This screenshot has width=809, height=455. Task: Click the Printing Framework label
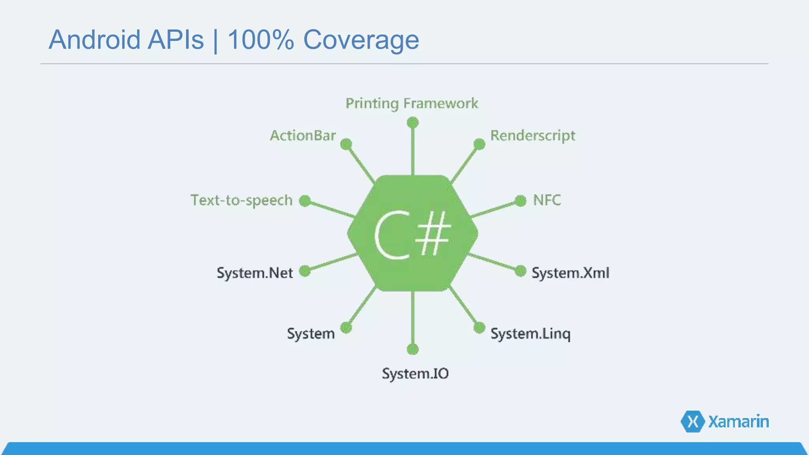coord(412,103)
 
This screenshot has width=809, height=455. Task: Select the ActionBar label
coord(303,135)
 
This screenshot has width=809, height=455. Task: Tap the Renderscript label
coord(532,135)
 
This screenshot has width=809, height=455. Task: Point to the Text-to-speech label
coord(241,200)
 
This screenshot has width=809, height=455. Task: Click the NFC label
coord(547,200)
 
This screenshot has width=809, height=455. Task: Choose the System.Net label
coord(255,273)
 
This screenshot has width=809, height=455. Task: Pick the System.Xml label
coord(570,273)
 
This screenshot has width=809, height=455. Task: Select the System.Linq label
coord(530,334)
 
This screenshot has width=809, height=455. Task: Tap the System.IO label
coord(415,374)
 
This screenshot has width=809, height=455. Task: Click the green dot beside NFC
coord(521,201)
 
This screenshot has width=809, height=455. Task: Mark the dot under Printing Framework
coord(412,122)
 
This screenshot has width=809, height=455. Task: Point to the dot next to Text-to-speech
coord(305,201)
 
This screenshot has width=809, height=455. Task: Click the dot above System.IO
coord(412,349)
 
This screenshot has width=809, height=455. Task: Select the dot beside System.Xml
coord(521,271)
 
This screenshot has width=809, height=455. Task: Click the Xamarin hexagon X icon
coord(692,421)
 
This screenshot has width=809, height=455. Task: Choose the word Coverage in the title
coord(361,40)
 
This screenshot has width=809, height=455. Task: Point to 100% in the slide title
coord(261,40)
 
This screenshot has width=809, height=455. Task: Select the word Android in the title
coord(94,40)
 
